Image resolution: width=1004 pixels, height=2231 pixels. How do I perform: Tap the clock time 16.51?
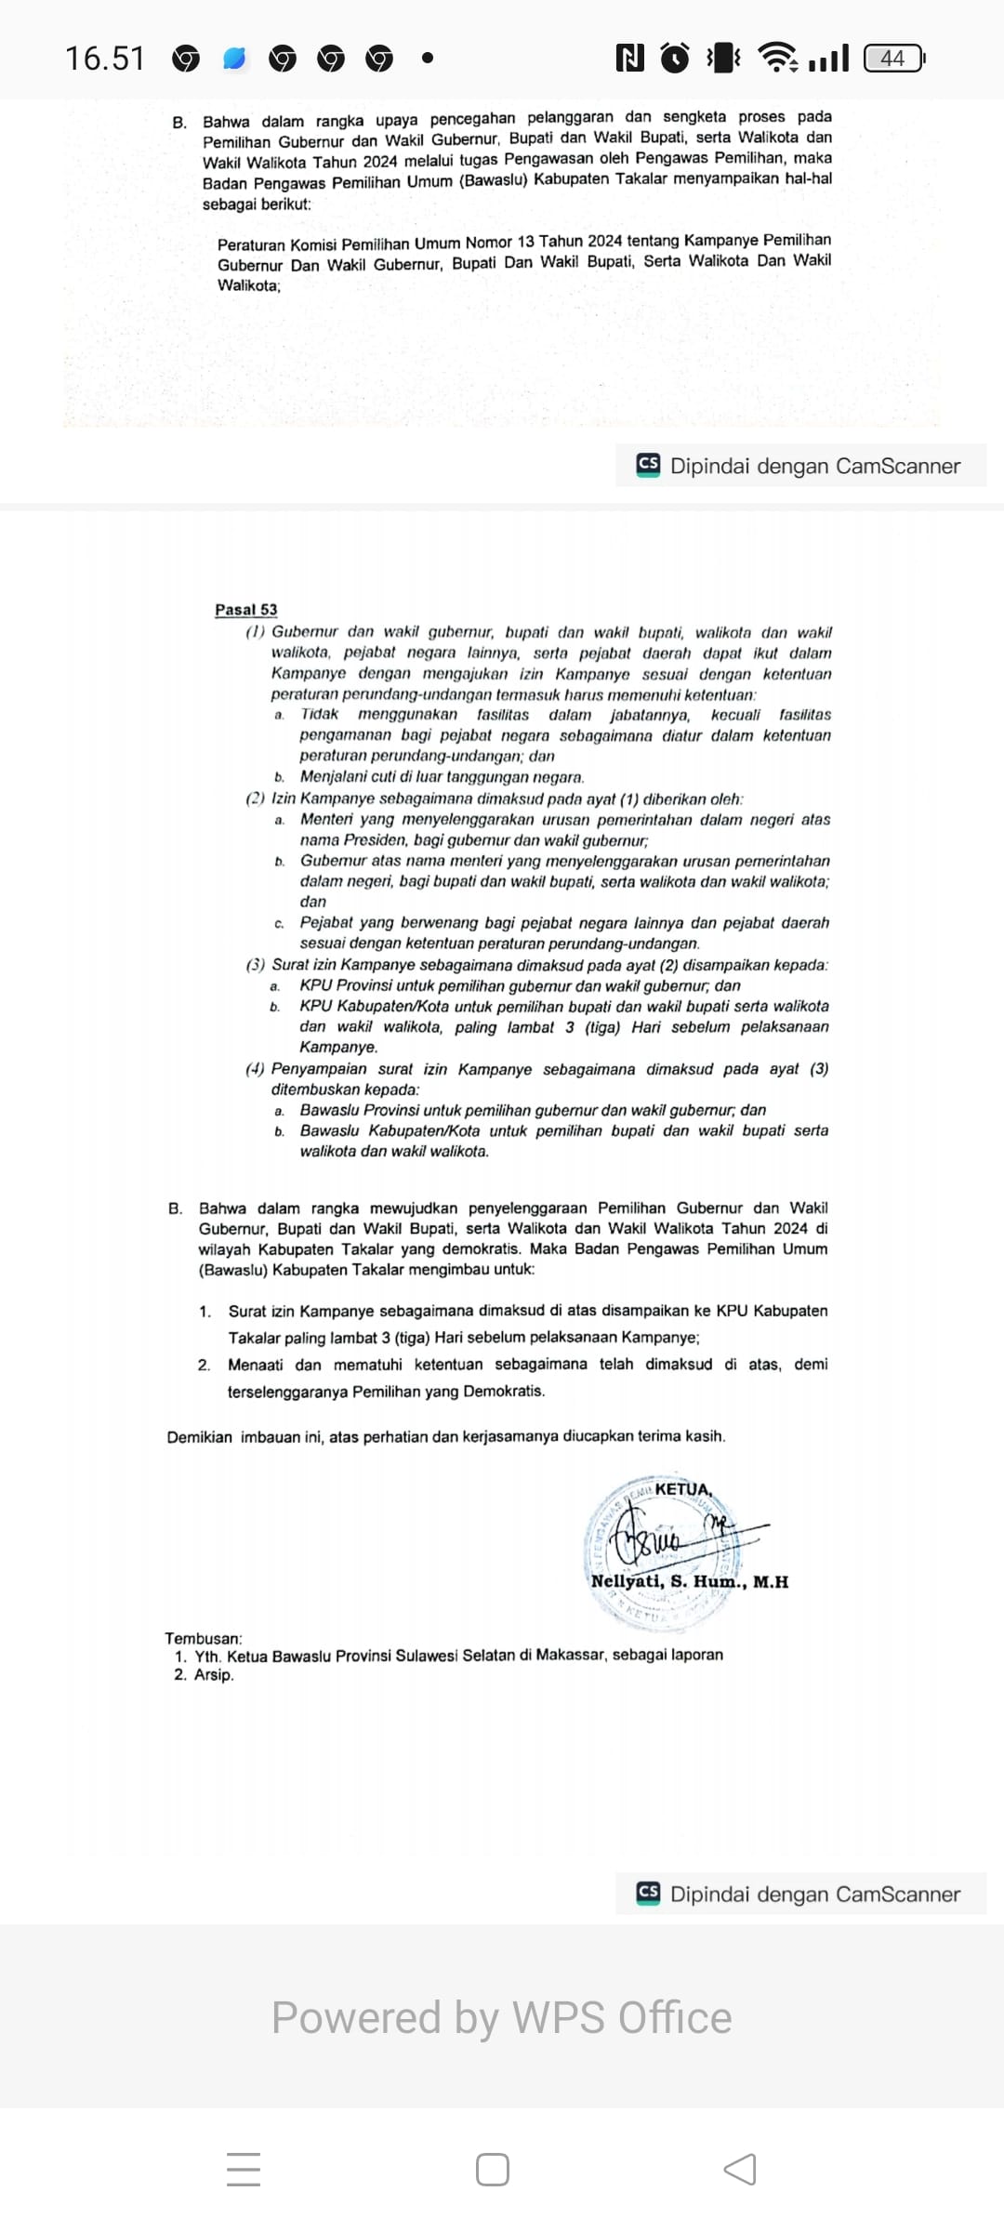coord(105,59)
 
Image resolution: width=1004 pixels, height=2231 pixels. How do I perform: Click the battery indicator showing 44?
coord(893,59)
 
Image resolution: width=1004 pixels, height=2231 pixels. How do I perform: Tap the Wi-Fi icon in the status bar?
coord(777,58)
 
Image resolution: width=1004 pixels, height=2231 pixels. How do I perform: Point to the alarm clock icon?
coord(675,58)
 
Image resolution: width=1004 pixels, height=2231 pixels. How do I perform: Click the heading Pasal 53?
coord(245,610)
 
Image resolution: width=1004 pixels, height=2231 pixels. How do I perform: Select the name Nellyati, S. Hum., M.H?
coord(689,1581)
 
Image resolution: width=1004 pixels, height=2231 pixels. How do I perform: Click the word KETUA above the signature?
coord(683,1488)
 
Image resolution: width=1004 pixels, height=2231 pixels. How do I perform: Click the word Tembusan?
coord(204,1638)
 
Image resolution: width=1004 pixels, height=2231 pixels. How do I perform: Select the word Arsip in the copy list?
coord(214,1674)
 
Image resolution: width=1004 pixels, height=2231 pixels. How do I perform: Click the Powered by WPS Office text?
coord(501,2018)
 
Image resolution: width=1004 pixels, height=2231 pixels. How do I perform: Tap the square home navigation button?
coord(492,2170)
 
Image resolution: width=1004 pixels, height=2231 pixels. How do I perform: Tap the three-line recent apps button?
coord(244,2170)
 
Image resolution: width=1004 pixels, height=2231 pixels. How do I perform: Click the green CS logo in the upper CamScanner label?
coord(648,465)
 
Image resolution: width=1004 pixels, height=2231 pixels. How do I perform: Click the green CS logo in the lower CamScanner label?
coord(648,1894)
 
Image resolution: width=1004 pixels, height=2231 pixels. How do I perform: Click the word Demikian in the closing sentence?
coord(199,1437)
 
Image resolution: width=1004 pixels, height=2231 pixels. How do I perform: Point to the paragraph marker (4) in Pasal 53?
coord(255,1069)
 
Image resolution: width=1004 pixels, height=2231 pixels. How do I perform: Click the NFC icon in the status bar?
coord(629,59)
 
